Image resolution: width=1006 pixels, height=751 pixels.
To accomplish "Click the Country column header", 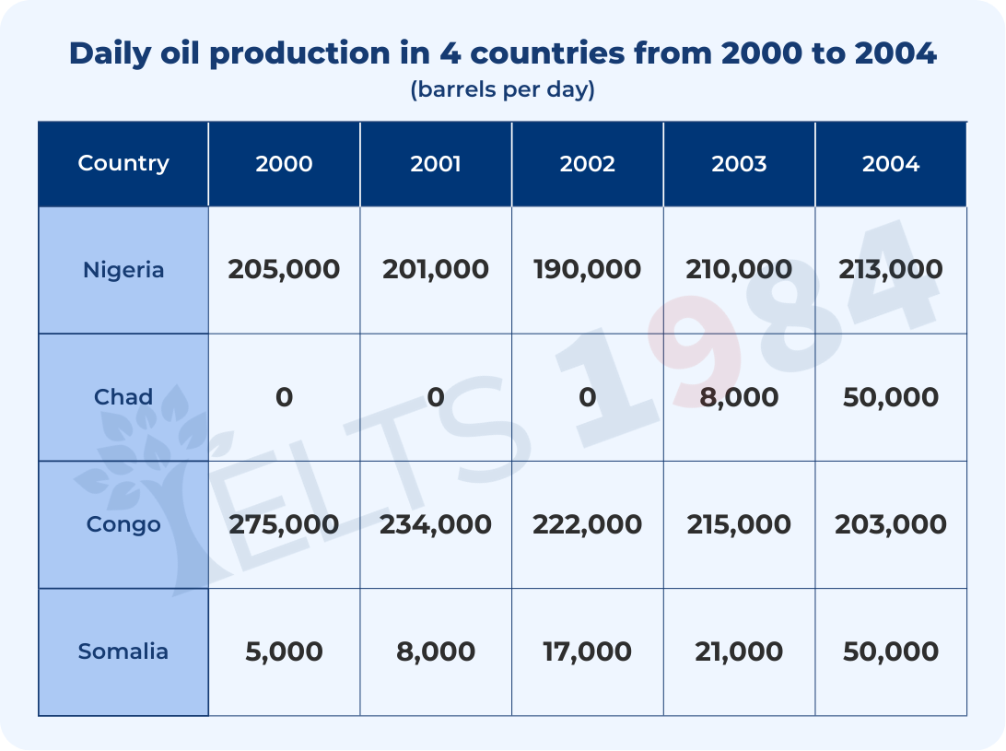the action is tap(123, 163).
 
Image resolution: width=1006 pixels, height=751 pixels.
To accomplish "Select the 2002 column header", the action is tap(587, 164).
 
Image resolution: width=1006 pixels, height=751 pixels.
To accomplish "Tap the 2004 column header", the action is tap(891, 164).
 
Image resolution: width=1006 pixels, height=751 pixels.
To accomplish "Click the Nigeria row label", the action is tap(123, 270).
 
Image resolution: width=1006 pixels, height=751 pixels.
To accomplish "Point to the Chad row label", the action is tap(123, 396).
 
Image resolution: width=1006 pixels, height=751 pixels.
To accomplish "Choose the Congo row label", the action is tap(123, 524).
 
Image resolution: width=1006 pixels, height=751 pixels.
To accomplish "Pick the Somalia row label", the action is tap(123, 651).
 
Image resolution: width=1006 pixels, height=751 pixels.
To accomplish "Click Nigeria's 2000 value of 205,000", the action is tap(284, 270).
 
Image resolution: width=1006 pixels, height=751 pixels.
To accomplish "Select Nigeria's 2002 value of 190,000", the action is tap(587, 270).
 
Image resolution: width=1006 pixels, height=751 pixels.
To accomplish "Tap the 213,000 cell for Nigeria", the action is tap(891, 270).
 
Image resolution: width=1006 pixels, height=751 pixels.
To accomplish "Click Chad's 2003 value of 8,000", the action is tap(739, 397).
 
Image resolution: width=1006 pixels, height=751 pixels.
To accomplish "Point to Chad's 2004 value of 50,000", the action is tap(891, 397).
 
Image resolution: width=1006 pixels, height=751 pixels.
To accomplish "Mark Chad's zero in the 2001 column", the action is tap(436, 397).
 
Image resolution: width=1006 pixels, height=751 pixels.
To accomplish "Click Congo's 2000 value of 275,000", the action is tap(284, 524).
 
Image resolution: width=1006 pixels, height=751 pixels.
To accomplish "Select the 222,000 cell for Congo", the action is tap(587, 524).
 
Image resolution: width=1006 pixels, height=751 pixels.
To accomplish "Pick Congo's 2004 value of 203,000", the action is tap(891, 524).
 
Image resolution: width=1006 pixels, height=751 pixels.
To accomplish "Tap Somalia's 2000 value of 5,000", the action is tap(284, 651).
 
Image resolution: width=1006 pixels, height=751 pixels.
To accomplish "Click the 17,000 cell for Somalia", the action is tap(587, 651).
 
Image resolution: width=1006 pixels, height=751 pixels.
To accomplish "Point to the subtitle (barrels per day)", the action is tap(502, 89).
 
